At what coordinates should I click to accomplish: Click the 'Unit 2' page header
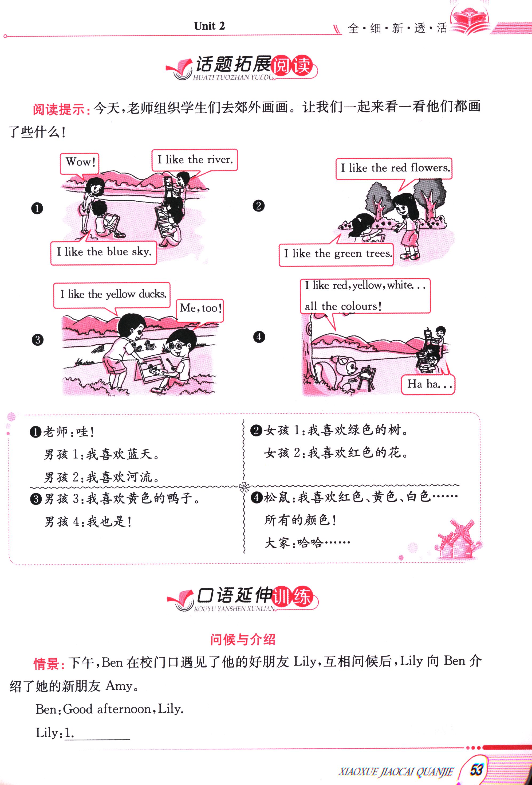click(209, 26)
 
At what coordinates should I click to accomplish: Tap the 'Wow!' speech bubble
click(80, 163)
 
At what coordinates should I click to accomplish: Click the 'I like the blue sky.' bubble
click(104, 253)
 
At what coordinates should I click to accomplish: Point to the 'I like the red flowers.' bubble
click(394, 169)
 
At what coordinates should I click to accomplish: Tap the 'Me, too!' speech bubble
click(200, 309)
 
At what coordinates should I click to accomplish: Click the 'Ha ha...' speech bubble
click(428, 384)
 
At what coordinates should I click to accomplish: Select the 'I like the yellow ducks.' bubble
click(112, 295)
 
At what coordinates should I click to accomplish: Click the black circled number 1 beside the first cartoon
click(37, 208)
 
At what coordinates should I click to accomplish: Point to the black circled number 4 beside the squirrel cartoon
click(259, 337)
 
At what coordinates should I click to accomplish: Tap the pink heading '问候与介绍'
click(243, 639)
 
